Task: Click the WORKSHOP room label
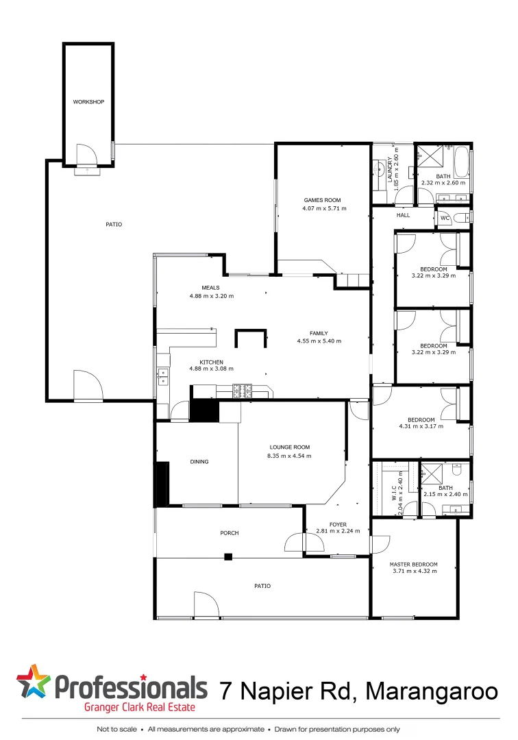pos(88,102)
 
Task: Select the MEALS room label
pos(210,288)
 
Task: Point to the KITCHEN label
pos(211,362)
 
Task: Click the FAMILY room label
pos(319,333)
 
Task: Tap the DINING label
pos(199,462)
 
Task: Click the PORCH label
pos(229,532)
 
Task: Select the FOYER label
pos(337,524)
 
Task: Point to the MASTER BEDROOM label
pos(415,565)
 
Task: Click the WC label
pos(444,218)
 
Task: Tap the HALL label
pos(403,215)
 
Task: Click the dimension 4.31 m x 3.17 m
pos(421,426)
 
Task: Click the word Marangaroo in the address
pos(432,691)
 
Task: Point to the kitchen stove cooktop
pos(243,391)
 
